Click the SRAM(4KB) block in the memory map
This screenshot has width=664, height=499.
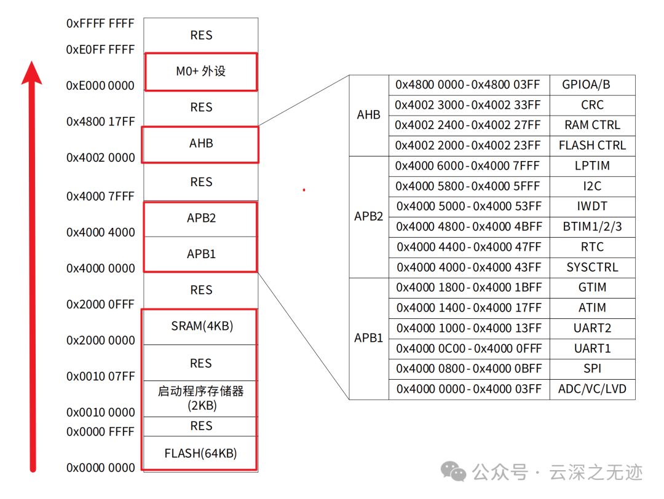coord(202,326)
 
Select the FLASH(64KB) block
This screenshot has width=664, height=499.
coord(200,454)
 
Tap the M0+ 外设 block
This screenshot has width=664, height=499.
coord(201,71)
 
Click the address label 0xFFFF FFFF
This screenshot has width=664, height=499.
coord(100,23)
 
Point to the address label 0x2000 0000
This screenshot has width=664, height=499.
coord(100,340)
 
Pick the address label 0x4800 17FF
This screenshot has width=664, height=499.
coord(100,122)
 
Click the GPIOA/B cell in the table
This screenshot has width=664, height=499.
coord(592,85)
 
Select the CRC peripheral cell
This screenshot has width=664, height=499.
coord(592,105)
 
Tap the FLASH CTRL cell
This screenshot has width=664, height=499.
coord(592,146)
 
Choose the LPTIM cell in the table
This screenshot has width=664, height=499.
coord(592,166)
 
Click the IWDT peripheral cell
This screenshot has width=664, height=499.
coord(592,206)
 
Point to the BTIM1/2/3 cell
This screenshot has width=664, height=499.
coord(592,227)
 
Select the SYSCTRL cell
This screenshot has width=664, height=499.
coord(592,267)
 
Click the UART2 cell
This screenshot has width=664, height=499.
coord(592,328)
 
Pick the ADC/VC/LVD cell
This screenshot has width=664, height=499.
coord(592,389)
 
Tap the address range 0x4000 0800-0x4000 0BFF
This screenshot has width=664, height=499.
coord(469,369)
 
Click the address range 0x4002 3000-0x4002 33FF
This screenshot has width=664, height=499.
coord(468,105)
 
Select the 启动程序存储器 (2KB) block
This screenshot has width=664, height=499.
coord(201,398)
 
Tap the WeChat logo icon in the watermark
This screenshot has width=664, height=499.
coord(454,472)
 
